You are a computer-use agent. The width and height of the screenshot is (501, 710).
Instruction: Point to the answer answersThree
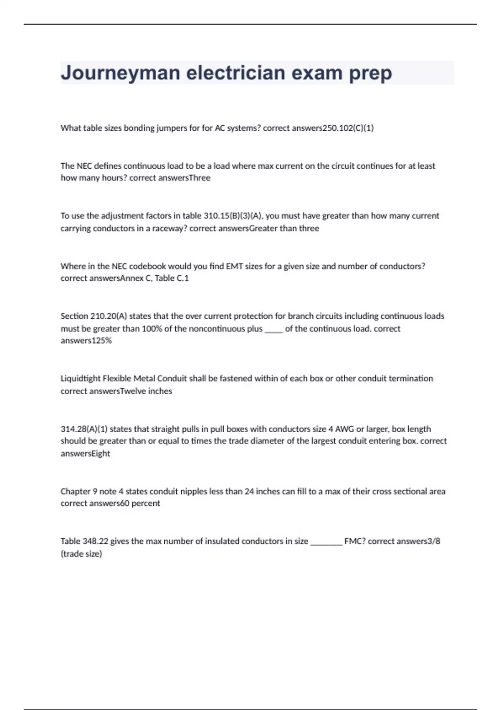click(x=187, y=178)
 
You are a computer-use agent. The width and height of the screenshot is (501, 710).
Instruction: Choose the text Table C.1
click(x=172, y=278)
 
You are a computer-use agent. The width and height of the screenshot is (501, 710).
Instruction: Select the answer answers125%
click(x=86, y=341)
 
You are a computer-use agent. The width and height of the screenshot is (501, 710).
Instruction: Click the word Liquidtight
click(x=81, y=379)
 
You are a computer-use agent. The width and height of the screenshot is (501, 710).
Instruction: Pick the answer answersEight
click(x=86, y=454)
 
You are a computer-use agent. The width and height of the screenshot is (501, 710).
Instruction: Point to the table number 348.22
click(x=96, y=541)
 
